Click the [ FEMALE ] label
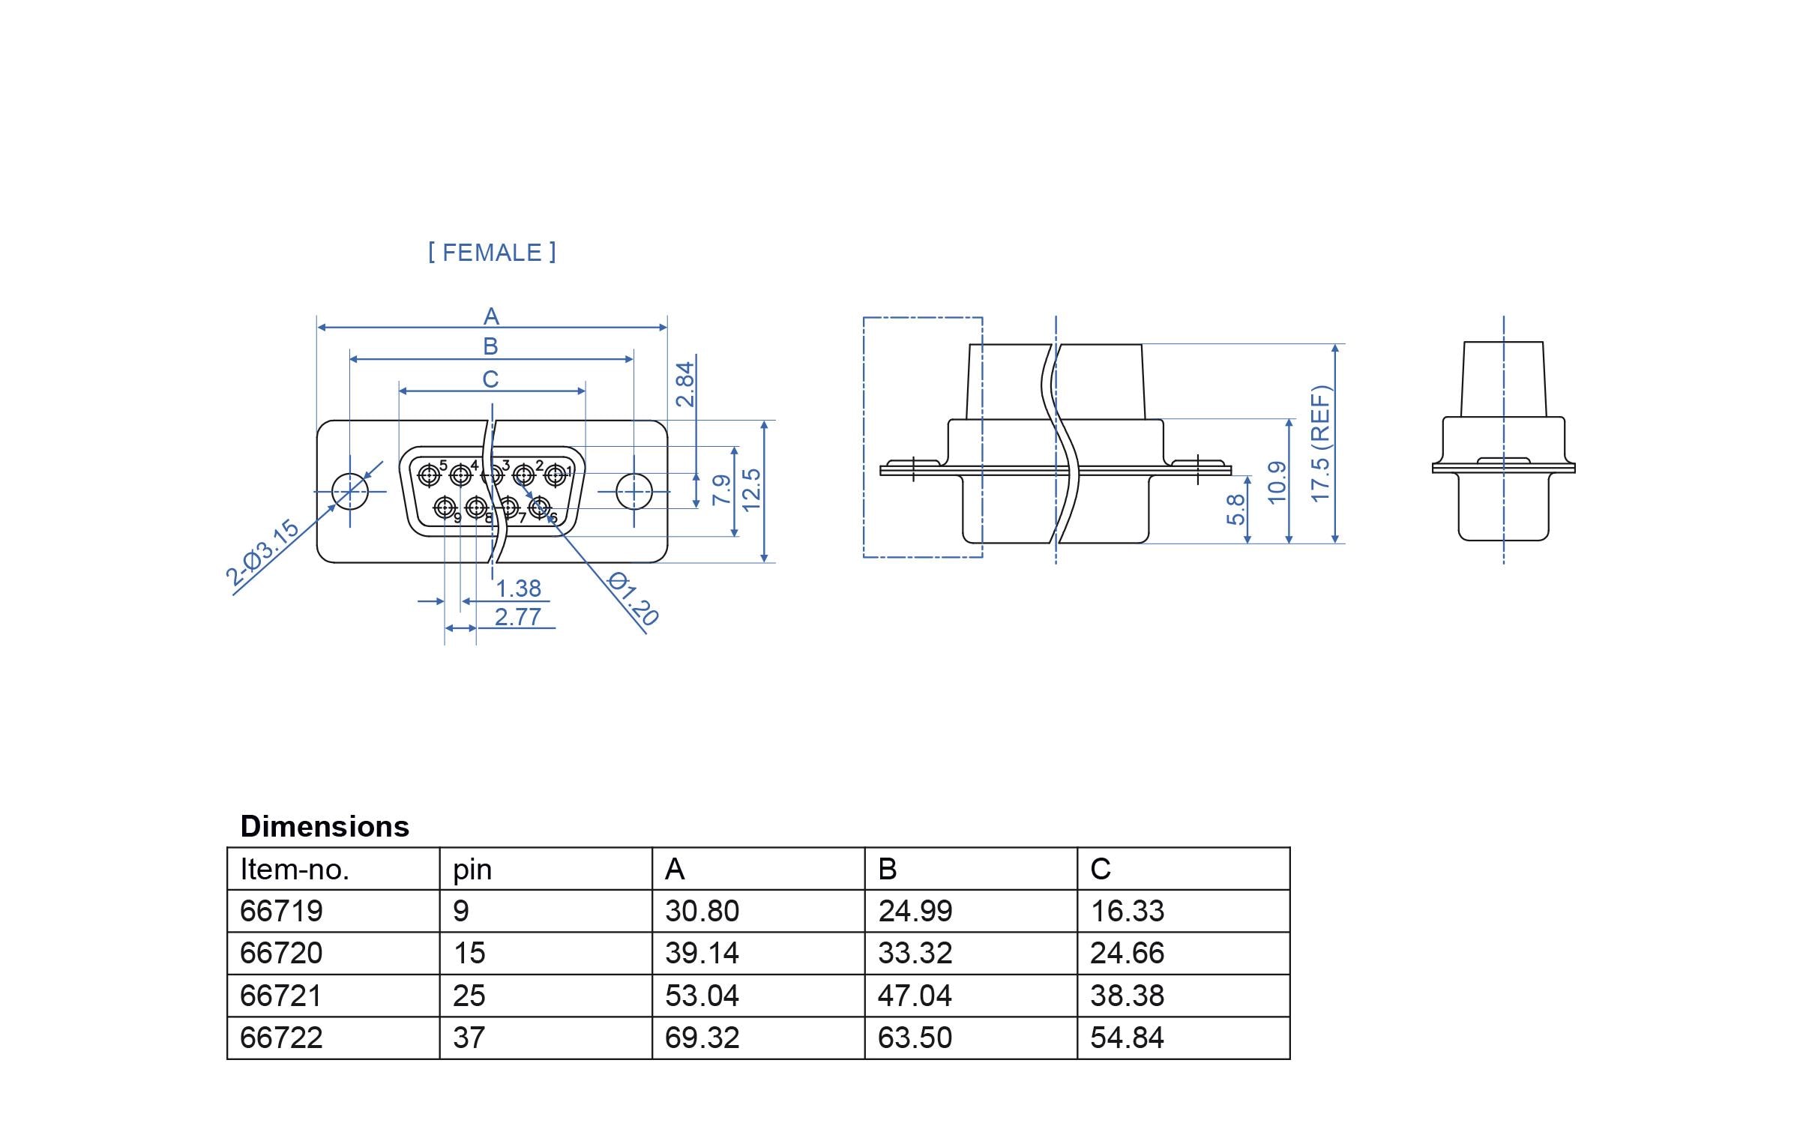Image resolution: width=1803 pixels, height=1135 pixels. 492,253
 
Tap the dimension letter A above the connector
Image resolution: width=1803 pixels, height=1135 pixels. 491,316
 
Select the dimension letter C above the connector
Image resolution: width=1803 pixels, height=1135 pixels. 490,379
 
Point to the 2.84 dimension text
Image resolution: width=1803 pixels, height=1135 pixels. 685,384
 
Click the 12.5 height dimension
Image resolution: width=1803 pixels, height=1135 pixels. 751,490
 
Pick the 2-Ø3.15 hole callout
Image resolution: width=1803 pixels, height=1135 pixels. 262,553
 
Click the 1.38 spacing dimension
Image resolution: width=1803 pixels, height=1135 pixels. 518,588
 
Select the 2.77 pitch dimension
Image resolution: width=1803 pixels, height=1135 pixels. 517,617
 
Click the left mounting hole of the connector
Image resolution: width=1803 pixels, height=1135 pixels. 350,492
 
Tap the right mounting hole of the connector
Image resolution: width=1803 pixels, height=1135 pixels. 634,492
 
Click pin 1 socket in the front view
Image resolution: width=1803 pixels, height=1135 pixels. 556,475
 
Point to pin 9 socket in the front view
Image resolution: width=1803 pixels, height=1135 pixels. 445,509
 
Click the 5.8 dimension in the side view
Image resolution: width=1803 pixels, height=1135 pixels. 1235,509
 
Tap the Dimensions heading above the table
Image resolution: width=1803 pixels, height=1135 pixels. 325,826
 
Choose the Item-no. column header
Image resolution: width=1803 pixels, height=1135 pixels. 295,869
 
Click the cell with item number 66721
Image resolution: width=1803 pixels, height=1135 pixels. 281,996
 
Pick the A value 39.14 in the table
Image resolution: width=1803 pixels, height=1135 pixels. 702,953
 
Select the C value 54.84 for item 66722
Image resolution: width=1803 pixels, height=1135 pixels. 1127,1038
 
